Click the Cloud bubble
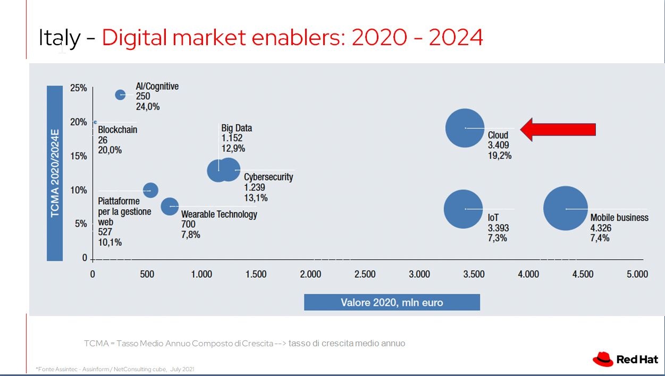(x=465, y=128)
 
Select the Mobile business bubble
(x=566, y=209)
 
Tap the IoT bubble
(x=463, y=209)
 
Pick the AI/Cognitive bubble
(x=121, y=95)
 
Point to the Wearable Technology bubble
(x=170, y=206)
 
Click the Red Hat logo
(x=625, y=360)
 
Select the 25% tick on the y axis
(x=79, y=88)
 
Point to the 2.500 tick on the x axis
(x=365, y=274)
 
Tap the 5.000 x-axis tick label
(x=637, y=274)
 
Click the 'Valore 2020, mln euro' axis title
(x=392, y=303)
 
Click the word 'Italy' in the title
(x=60, y=38)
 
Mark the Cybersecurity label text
(x=268, y=177)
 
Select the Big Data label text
(x=237, y=128)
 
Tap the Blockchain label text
(x=117, y=130)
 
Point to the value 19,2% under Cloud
(x=500, y=156)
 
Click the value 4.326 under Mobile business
(x=601, y=228)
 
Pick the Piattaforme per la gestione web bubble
(x=150, y=190)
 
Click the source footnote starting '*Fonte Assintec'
(x=115, y=369)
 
